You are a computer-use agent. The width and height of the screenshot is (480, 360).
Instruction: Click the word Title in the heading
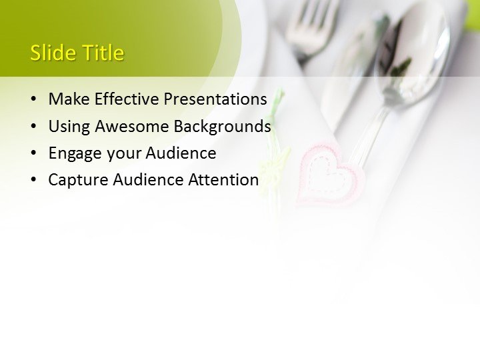101,53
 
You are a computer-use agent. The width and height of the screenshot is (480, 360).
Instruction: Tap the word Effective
127,99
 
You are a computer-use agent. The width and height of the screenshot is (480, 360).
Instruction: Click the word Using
69,126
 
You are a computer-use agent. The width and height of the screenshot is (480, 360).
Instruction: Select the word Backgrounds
223,126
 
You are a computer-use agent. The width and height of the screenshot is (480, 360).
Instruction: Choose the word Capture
78,180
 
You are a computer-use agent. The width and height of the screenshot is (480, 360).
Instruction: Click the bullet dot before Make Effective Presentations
34,100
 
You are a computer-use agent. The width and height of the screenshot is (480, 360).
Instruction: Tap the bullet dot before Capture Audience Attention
34,180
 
